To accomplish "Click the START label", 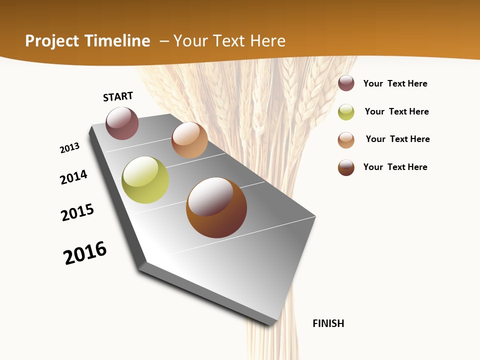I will [x=118, y=96].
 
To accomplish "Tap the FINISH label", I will [x=328, y=323].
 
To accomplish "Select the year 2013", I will [x=70, y=148].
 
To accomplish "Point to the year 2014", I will [x=74, y=177].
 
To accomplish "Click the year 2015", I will [x=77, y=212].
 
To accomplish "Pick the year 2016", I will [x=85, y=253].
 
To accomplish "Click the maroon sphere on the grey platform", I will [x=122, y=123].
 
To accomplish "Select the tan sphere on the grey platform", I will [x=189, y=140].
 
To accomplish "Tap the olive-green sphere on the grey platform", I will [x=145, y=180].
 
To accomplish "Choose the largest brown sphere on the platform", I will [x=216, y=207].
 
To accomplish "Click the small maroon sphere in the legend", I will [x=346, y=83].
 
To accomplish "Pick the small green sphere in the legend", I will [x=346, y=112].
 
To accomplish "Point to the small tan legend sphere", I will [x=346, y=140].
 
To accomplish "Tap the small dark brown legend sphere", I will [x=346, y=167].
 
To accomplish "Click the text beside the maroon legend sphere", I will [x=395, y=83].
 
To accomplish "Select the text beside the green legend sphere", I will [x=396, y=111].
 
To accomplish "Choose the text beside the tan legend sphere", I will [x=397, y=139].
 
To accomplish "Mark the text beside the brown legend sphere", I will [x=395, y=167].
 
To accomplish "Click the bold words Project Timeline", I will [x=87, y=41].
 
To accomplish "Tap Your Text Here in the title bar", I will [x=229, y=41].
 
